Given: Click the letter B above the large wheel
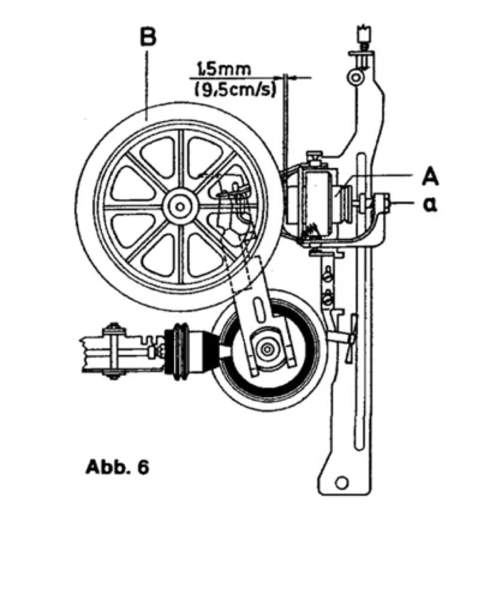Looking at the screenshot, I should [x=147, y=38].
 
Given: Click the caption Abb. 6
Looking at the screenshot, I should [x=117, y=467].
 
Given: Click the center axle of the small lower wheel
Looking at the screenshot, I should [x=266, y=349].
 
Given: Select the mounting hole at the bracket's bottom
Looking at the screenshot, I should [x=341, y=483].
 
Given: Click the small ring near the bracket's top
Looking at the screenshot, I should [x=354, y=77].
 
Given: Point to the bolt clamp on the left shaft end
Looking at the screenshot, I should [x=113, y=351].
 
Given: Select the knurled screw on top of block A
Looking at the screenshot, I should [x=315, y=157].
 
